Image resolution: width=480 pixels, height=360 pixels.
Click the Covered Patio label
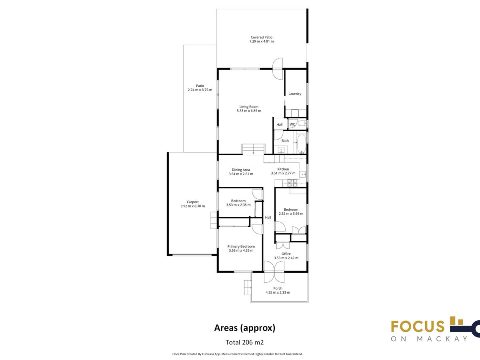[x=262, y=37]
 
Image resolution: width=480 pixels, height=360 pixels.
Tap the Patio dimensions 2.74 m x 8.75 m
[x=200, y=90]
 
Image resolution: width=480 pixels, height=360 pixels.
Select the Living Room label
[x=249, y=107]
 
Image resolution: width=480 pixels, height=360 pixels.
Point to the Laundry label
[x=295, y=94]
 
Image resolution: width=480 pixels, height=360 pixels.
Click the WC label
[x=292, y=124]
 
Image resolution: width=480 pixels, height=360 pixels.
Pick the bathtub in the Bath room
[x=302, y=144]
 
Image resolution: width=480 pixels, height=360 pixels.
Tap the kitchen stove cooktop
[x=292, y=183]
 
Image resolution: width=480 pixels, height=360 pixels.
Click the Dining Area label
[x=241, y=170]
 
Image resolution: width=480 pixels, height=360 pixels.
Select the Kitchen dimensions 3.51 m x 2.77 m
[x=283, y=173]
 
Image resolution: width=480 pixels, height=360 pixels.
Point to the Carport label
[x=193, y=202]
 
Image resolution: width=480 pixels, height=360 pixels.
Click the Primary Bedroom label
[x=241, y=246]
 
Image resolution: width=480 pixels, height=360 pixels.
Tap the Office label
[x=286, y=254]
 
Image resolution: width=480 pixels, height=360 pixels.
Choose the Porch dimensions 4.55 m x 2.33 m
[x=278, y=292]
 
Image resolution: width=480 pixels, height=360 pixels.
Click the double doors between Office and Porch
[x=274, y=272]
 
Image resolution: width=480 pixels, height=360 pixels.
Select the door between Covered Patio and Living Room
[x=278, y=69]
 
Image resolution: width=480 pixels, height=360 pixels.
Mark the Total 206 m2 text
[x=244, y=342]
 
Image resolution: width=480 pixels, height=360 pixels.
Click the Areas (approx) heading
[x=245, y=328]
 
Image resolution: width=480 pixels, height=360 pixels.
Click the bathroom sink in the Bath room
[x=281, y=150]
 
